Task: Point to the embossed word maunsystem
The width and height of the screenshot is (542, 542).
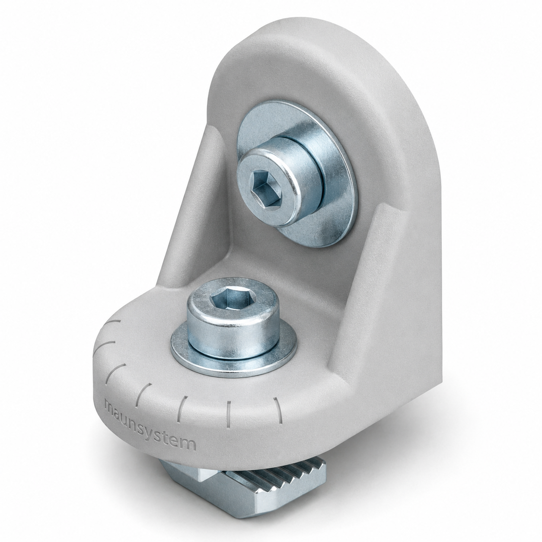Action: point(150,426)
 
